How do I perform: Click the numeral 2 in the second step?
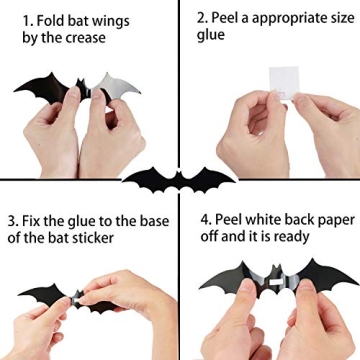203,16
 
